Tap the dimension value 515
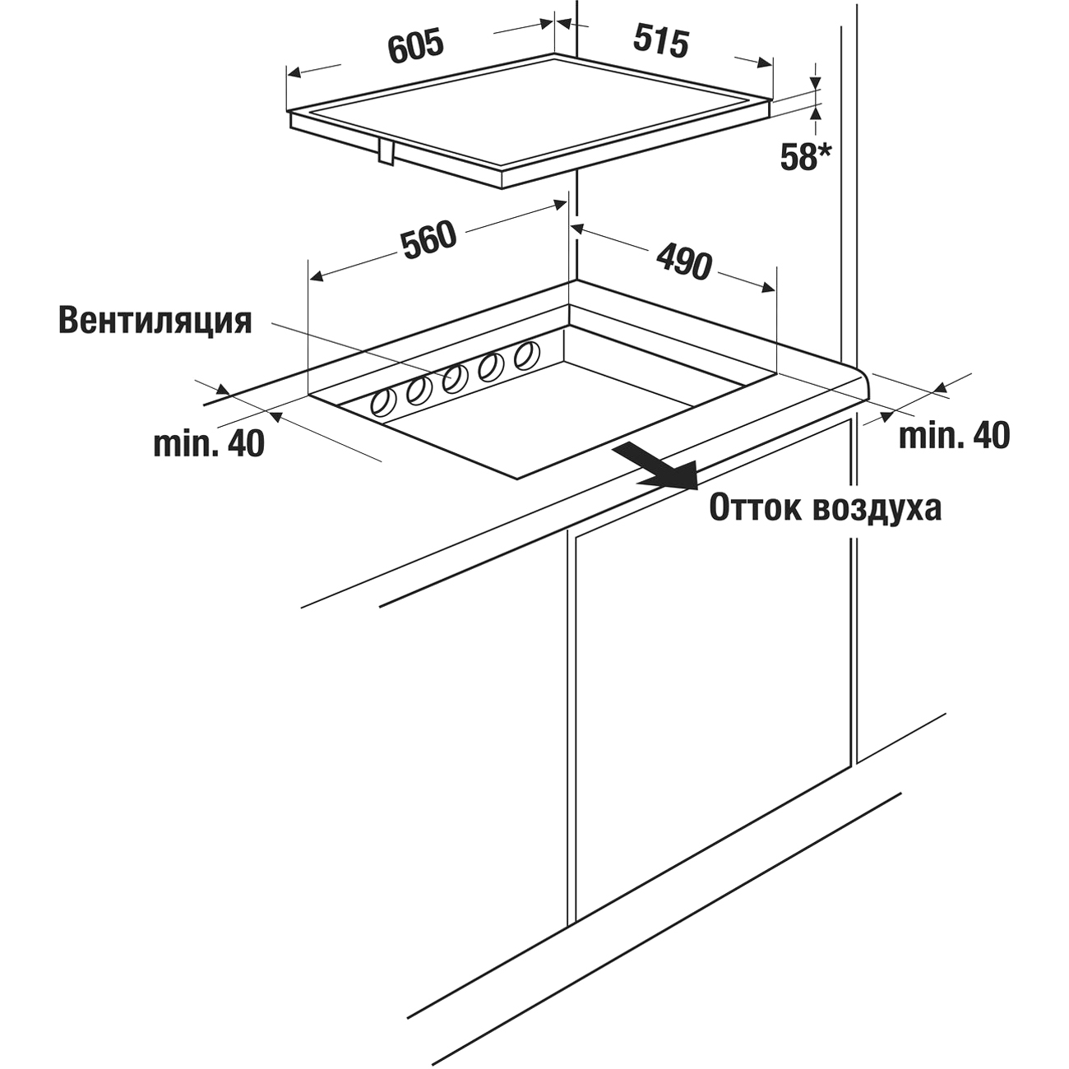point(662,41)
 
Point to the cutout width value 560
point(428,238)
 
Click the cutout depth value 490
point(683,262)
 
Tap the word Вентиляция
point(155,321)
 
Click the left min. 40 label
point(209,444)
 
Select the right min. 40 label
point(954,436)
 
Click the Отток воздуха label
point(825,508)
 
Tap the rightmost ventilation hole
point(525,356)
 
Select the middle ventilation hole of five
point(455,378)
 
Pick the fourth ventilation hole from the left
point(491,367)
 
